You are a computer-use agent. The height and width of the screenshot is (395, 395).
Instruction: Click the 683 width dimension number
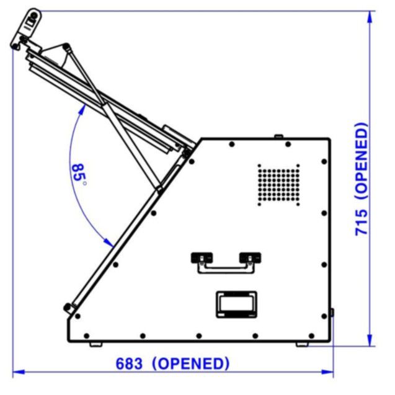[x=129, y=364]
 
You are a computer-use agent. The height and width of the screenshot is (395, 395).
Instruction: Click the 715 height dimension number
[x=362, y=223]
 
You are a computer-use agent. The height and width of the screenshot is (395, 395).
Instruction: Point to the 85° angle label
[x=79, y=175]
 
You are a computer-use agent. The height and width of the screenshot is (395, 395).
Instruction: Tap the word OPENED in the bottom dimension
[x=191, y=364]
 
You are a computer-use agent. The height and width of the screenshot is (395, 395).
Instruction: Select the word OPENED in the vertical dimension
[x=362, y=161]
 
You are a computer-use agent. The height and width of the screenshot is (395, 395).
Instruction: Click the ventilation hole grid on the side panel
[x=278, y=185]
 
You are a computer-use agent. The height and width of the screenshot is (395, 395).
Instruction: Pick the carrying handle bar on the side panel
[x=226, y=269]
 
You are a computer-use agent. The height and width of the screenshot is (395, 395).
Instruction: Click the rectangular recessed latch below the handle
[x=236, y=304]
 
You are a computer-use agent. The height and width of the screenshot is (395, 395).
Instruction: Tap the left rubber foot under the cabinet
[x=96, y=344]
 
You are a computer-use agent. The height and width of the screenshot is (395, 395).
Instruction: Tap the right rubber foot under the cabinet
[x=302, y=344]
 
